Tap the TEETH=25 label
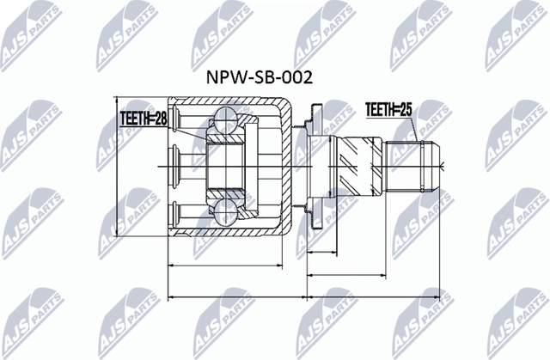pos(389,109)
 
